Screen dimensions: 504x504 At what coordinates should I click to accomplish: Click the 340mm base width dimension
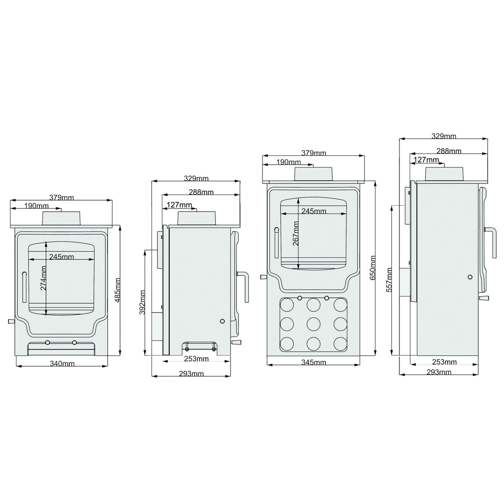(62, 364)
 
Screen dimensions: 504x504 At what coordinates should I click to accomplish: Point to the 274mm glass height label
(43, 278)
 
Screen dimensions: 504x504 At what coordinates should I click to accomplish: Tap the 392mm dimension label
(142, 302)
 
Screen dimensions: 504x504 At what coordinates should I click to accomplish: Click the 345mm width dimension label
(314, 362)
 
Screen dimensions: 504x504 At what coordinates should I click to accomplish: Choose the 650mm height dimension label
(373, 268)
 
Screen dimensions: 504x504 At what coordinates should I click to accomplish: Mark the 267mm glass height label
(296, 234)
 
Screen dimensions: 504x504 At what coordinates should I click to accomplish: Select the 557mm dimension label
(389, 280)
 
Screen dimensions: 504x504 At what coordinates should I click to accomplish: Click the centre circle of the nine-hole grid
(313, 324)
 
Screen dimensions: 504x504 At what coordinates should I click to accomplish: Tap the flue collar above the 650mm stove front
(314, 174)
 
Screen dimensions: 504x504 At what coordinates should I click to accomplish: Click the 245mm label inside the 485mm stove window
(62, 257)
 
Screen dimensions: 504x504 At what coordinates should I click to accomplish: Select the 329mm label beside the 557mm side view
(444, 136)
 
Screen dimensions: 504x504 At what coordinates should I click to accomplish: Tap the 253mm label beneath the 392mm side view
(196, 359)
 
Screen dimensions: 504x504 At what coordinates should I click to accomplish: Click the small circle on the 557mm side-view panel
(470, 277)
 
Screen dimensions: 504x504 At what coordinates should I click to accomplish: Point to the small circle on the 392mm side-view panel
(222, 321)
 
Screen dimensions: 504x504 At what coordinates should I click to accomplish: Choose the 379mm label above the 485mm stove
(61, 197)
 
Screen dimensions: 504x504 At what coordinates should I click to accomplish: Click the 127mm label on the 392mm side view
(179, 205)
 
